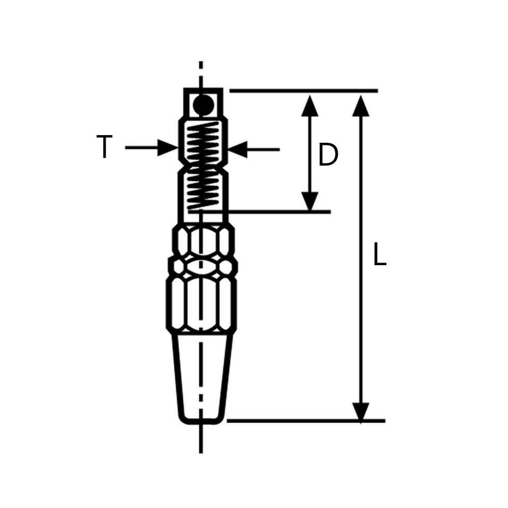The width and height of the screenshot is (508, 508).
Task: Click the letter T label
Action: (104, 147)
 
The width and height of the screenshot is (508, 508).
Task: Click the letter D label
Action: (328, 155)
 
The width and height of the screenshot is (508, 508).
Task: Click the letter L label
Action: (379, 254)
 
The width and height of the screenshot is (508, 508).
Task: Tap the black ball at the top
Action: (203, 104)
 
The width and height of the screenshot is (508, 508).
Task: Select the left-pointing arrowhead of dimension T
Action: (238, 149)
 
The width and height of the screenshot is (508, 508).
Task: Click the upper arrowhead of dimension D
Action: (310, 106)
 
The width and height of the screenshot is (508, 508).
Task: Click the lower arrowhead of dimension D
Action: (310, 201)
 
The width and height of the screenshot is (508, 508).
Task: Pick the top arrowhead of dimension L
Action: (361, 106)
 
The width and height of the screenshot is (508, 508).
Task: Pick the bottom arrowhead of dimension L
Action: (361, 411)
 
